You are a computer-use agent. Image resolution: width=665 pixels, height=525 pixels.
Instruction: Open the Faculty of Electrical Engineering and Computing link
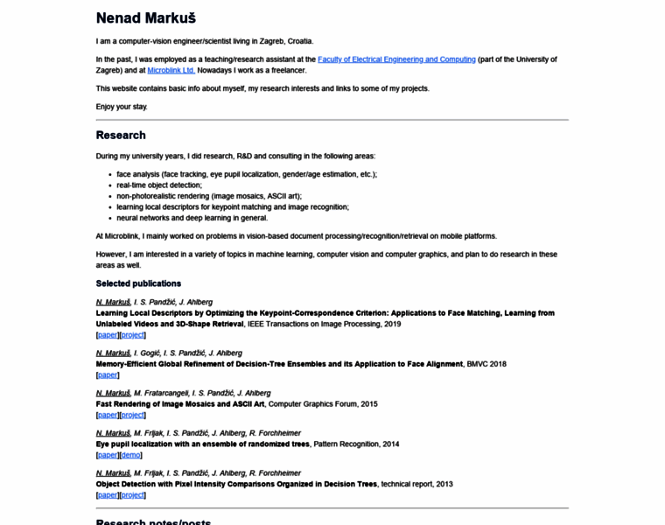(396, 59)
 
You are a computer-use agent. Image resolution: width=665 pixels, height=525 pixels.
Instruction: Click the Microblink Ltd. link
(171, 70)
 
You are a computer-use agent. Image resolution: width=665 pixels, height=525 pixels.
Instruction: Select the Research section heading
(121, 136)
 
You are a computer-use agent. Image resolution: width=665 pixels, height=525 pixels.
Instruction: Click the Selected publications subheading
(138, 283)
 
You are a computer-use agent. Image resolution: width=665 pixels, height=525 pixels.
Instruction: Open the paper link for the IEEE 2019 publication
(108, 334)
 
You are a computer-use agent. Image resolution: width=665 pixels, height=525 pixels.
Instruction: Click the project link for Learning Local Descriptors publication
(132, 334)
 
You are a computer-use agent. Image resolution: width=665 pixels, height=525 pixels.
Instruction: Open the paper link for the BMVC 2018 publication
(108, 374)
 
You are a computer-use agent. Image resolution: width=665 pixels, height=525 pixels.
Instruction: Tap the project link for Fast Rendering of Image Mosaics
(132, 415)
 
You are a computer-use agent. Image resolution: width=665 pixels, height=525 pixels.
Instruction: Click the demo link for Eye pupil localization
(130, 455)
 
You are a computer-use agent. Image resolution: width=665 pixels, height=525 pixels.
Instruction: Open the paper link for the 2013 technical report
(108, 495)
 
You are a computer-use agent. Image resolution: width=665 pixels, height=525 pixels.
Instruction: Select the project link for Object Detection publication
(132, 495)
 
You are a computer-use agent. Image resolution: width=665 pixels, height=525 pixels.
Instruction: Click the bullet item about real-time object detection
(159, 185)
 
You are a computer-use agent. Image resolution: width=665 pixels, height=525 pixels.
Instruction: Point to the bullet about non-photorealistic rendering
(208, 196)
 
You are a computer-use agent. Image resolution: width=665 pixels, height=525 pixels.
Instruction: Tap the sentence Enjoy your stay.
(122, 107)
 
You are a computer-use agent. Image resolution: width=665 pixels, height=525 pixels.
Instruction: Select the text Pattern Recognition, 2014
(356, 444)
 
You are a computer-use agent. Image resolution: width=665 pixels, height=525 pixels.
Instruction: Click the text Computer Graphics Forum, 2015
(323, 404)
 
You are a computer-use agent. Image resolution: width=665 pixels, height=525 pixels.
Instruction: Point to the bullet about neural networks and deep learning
(192, 218)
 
